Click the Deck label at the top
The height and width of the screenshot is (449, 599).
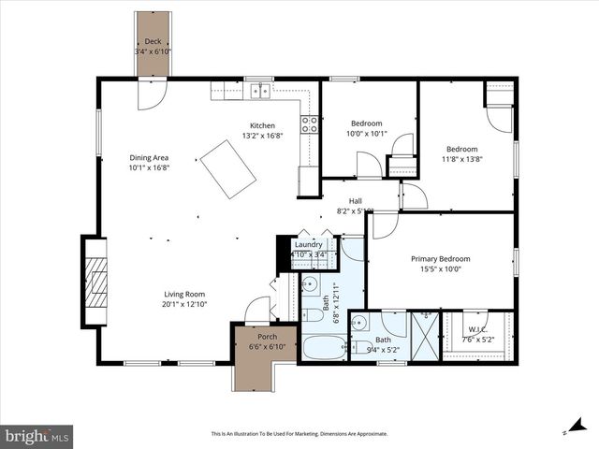click(x=153, y=42)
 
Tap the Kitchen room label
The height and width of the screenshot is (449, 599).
click(x=262, y=126)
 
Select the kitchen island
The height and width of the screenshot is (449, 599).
click(x=228, y=169)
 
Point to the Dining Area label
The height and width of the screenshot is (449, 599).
click(x=149, y=158)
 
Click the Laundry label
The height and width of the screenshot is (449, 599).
click(x=308, y=244)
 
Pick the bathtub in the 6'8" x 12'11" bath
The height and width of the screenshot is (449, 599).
click(x=324, y=350)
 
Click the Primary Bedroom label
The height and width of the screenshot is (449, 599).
click(x=440, y=259)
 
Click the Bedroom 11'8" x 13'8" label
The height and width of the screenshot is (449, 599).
click(x=461, y=150)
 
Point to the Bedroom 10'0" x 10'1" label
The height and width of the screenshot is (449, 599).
click(x=366, y=123)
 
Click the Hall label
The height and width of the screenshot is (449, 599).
click(x=356, y=201)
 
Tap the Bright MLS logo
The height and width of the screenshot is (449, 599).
click(x=37, y=435)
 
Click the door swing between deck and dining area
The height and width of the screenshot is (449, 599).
click(x=152, y=93)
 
